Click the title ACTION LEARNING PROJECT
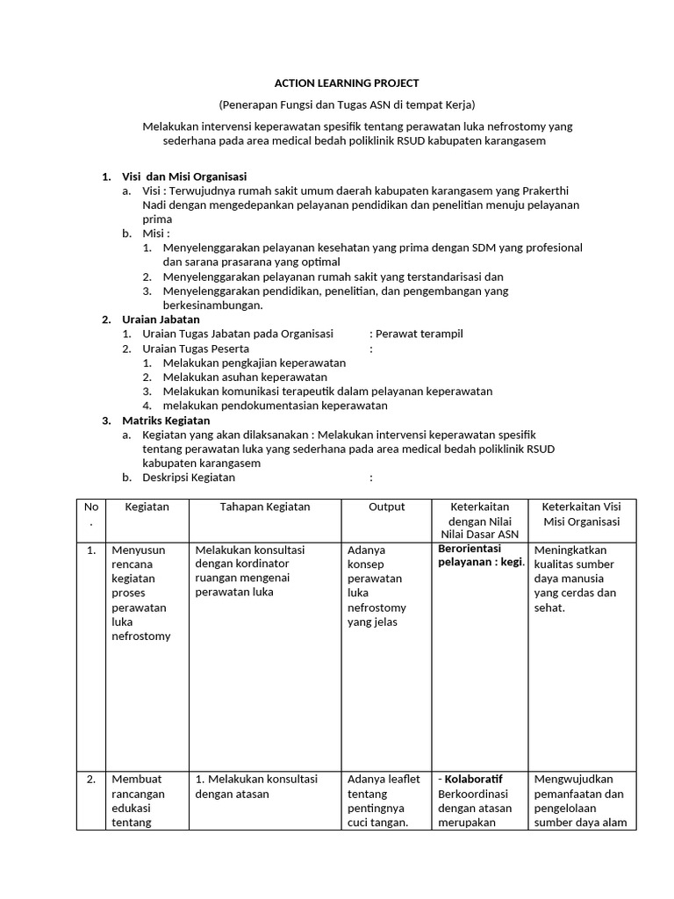pos(347,83)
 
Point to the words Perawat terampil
pos(419,334)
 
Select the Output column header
pos(386,507)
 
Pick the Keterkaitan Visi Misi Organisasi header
pos(581,514)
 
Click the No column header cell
pos(90,514)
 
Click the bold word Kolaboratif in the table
pos(473,780)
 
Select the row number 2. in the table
pos(90,780)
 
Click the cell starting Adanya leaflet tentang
pos(384,801)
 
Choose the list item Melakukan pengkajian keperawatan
pos(254,363)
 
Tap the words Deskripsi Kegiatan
pos(189,478)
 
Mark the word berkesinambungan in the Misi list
pos(212,306)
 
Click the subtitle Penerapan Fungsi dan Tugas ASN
pos(347,104)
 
